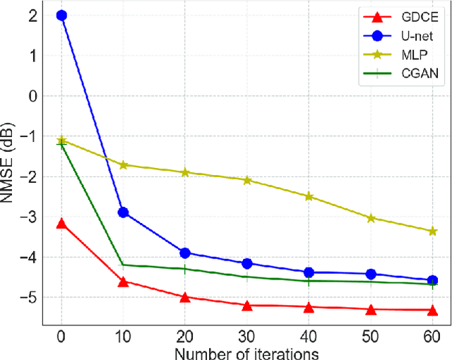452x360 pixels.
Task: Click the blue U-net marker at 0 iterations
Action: (61, 15)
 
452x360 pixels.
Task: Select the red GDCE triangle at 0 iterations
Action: (61, 224)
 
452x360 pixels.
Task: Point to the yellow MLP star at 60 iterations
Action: (433, 231)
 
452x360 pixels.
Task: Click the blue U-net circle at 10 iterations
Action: (123, 212)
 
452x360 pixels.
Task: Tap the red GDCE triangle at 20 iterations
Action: (185, 297)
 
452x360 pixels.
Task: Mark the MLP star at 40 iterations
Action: (309, 196)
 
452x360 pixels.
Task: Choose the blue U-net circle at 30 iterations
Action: (247, 263)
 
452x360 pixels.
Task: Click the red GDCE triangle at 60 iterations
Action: (433, 310)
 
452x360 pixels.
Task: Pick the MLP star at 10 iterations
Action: (123, 164)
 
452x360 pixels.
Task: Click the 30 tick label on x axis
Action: (247, 335)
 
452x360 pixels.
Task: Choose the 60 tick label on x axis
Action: (433, 335)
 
